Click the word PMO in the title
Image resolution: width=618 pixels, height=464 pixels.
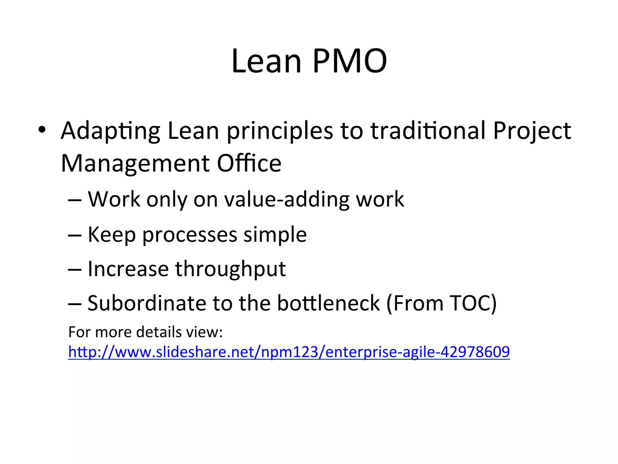tap(350, 61)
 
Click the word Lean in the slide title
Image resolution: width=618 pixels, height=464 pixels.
tap(266, 61)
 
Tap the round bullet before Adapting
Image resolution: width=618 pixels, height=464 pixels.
tap(42, 130)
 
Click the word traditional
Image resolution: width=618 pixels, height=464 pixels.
tap(428, 130)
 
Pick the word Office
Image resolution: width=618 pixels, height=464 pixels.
tap(249, 163)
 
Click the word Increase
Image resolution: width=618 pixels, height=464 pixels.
tap(128, 269)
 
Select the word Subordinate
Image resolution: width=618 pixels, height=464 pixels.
tap(146, 303)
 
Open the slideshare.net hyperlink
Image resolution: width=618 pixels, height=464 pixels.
tap(289, 352)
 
